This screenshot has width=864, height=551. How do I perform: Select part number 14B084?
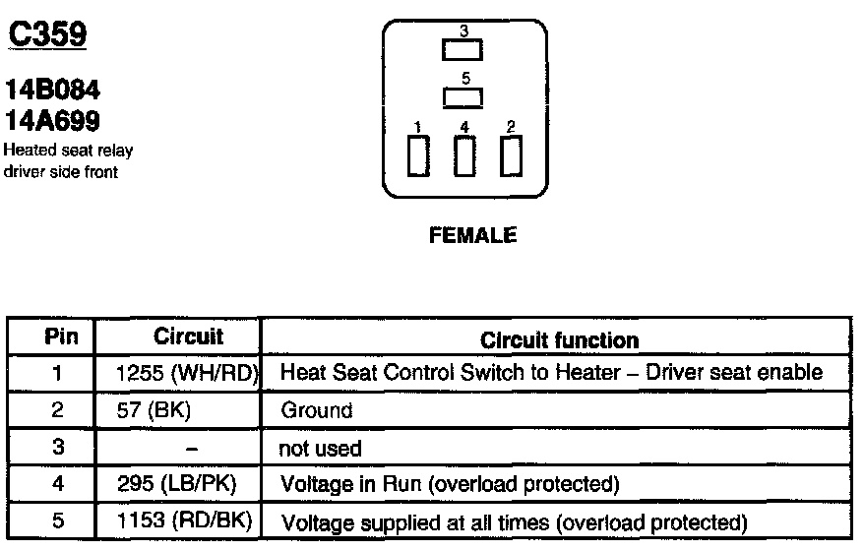[x=53, y=91]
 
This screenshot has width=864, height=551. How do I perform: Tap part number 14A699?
[x=53, y=120]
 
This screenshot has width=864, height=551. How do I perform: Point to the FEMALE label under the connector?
[x=472, y=236]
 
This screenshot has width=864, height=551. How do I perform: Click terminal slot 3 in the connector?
[x=463, y=49]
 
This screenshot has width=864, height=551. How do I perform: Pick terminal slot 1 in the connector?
[x=418, y=155]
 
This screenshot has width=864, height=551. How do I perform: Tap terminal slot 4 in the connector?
[x=463, y=155]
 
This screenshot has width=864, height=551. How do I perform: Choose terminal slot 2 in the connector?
[x=510, y=155]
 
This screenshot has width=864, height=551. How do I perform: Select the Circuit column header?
[x=188, y=337]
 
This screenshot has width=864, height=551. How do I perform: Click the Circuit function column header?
[x=559, y=340]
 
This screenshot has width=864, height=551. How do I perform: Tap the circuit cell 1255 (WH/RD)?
[x=186, y=374]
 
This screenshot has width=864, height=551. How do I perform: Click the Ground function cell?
[x=317, y=410]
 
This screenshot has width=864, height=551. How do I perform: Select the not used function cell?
[x=321, y=448]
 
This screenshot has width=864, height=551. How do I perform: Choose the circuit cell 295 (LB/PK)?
[x=176, y=484]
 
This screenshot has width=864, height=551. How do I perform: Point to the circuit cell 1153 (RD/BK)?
[x=185, y=520]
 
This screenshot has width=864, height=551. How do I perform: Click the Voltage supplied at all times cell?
[x=514, y=521]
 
